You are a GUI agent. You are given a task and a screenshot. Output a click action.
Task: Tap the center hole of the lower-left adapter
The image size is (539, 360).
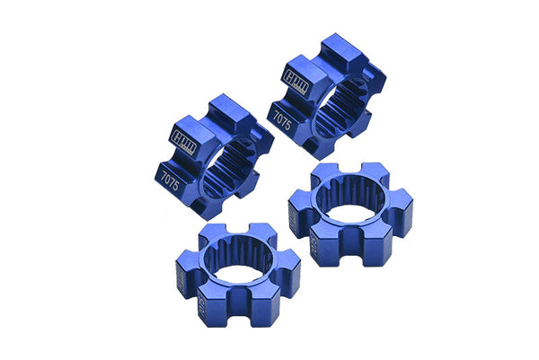pyautogui.click(x=235, y=262)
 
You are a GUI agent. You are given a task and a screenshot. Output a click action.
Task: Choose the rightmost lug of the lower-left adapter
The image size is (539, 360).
pyautogui.click(x=286, y=278)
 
